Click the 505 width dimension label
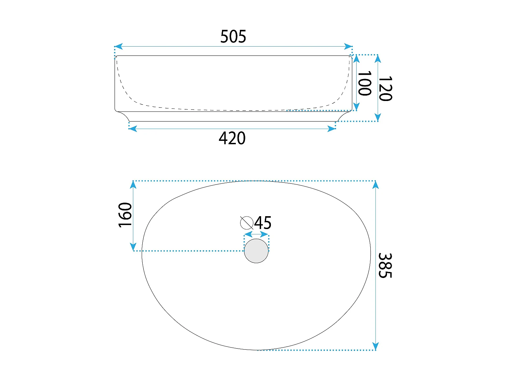point(233,36)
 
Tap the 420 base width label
point(232,138)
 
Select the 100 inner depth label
point(365,83)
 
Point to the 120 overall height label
point(385,88)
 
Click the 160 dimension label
point(125,215)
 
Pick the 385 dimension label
point(385,265)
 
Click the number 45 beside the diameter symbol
point(263,223)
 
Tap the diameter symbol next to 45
point(247,223)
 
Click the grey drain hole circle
point(256,251)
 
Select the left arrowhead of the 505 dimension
point(118,47)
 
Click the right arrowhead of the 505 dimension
point(348,47)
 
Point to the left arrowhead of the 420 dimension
point(133,128)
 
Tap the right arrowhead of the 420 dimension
point(332,128)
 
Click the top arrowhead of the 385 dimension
point(376,185)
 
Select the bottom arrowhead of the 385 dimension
point(376,347)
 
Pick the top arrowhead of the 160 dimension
point(134,185)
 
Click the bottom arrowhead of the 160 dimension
point(134,247)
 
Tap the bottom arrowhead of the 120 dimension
point(378,117)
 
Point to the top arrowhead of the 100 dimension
point(356,59)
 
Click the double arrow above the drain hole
point(256,234)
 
